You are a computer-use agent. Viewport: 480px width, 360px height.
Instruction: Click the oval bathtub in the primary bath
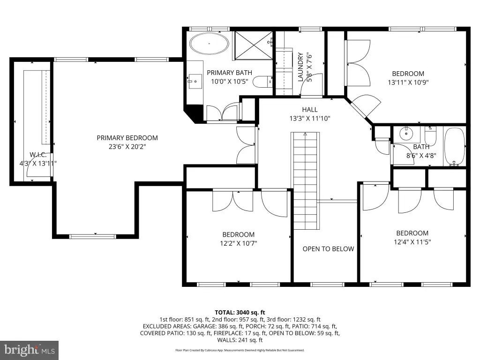tap(209, 44)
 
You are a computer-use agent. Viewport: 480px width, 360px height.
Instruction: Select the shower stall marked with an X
tap(254, 45)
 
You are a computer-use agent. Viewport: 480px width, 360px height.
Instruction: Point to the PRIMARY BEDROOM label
tap(127, 138)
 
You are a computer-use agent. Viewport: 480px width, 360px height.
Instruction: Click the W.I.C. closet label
tap(38, 155)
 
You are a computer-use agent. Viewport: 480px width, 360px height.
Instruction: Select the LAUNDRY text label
tap(300, 67)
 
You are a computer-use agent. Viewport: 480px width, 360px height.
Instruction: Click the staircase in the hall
tap(305, 180)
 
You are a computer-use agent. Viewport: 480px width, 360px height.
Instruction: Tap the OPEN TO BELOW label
tap(328, 249)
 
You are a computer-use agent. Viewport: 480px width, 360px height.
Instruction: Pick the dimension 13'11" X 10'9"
tap(408, 82)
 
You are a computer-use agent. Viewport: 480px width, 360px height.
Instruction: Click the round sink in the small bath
tap(406, 134)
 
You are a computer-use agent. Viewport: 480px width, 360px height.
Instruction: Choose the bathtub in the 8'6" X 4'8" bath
tap(455, 147)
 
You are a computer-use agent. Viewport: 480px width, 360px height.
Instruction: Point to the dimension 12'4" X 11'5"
tap(412, 242)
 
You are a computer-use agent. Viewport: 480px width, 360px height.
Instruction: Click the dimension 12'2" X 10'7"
tap(239, 243)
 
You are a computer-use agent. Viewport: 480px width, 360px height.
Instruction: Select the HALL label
tap(310, 110)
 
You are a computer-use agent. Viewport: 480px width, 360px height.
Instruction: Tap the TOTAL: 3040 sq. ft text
tap(240, 313)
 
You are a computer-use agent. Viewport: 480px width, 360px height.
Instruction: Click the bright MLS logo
tap(30, 350)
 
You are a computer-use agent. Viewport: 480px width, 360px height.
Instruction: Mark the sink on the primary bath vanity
tap(195, 81)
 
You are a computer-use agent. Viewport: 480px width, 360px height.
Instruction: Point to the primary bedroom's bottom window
tap(93, 236)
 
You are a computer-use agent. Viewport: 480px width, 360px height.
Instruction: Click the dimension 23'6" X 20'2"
tap(127, 147)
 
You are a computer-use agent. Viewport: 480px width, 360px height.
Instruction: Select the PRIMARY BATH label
tap(229, 73)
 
